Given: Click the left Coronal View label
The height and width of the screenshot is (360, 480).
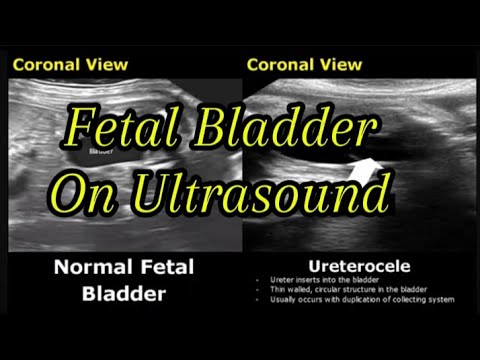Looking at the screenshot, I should click(69, 65).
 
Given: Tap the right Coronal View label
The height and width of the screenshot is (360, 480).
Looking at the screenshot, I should click(303, 65).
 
